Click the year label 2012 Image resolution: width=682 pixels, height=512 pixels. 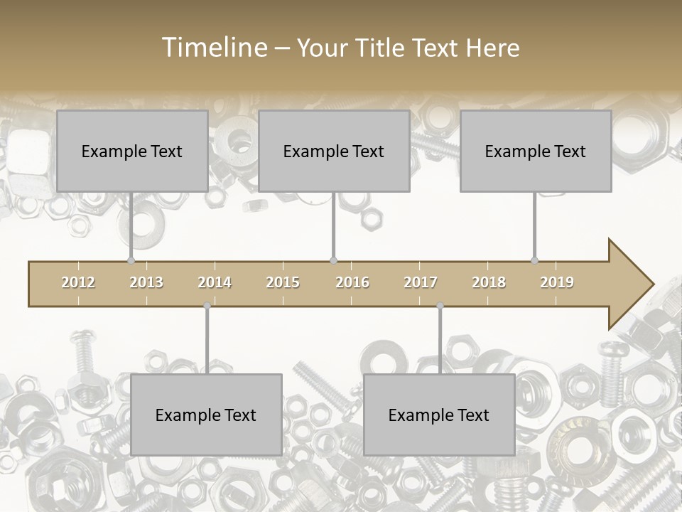pos(78,282)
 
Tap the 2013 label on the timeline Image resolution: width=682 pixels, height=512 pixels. pos(146,282)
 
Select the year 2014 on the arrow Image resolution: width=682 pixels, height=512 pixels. pos(215,282)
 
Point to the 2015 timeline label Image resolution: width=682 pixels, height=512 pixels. pos(283,282)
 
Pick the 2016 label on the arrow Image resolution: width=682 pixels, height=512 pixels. pos(352,282)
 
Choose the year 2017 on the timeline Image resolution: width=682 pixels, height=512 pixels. pos(421,282)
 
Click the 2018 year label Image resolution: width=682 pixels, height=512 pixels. pos(489,282)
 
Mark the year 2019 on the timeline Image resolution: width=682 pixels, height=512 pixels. pos(557,282)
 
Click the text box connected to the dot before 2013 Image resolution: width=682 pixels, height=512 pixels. pos(132,151)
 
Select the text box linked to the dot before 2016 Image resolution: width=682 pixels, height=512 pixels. pos(334,151)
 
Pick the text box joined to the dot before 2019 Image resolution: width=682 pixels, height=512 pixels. pos(536,151)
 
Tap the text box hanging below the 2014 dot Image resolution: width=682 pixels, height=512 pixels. pos(206,415)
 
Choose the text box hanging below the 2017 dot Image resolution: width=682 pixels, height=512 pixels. pos(439,415)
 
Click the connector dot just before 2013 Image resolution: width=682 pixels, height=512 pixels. pos(131,261)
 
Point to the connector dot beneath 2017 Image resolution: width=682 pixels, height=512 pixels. pos(440,306)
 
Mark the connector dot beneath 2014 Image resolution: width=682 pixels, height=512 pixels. pos(207,306)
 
